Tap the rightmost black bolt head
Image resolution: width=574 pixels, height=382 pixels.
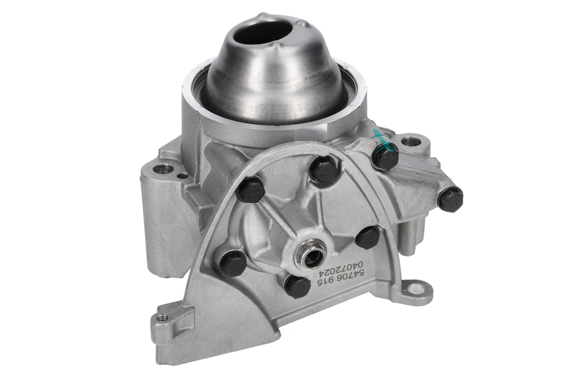click(x=451, y=199)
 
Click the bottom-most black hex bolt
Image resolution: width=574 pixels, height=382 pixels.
click(x=296, y=286)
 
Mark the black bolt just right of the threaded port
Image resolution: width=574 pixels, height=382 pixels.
click(x=367, y=237)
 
